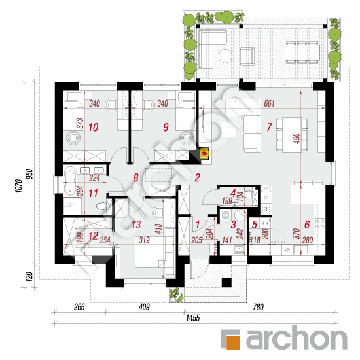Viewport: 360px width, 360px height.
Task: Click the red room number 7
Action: tap(268, 126)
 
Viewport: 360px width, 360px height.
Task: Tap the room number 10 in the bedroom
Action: tap(94, 126)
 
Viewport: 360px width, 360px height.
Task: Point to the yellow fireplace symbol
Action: tap(205, 154)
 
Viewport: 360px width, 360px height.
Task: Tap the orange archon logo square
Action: tap(231, 338)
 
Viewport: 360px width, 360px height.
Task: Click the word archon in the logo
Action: tap(296, 338)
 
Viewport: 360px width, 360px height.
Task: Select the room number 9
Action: tap(166, 126)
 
